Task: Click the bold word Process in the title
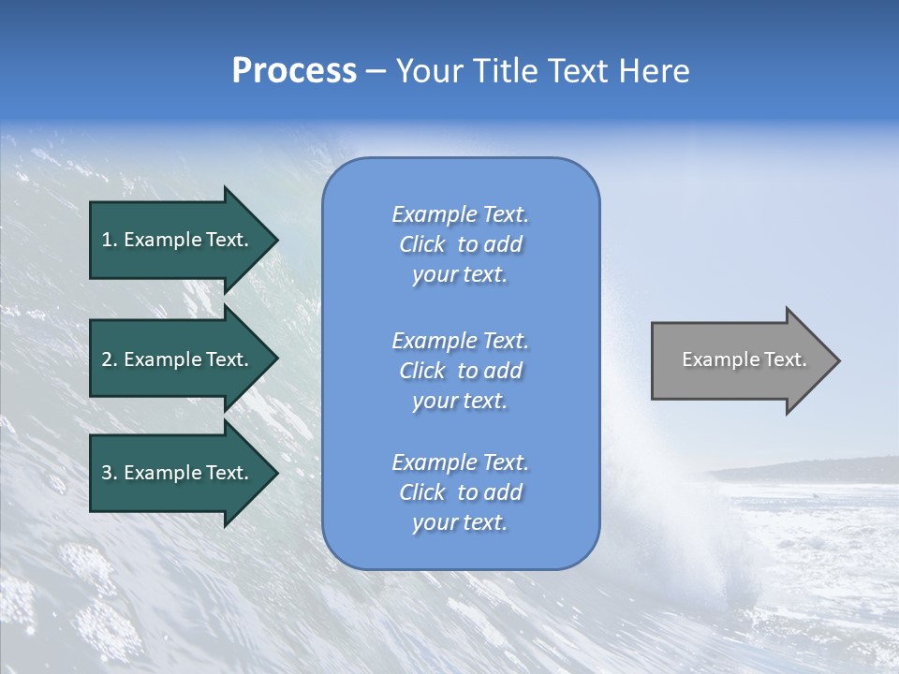(x=294, y=71)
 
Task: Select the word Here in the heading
(x=655, y=71)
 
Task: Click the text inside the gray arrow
(x=744, y=359)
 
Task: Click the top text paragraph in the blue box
(x=460, y=244)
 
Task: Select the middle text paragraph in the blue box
(x=460, y=371)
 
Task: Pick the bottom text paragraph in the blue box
(x=460, y=492)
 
